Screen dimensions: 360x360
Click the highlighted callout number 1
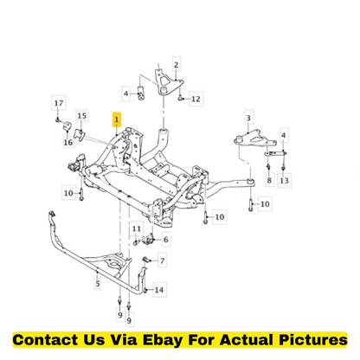tap(117, 119)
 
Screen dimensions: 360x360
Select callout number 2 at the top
tap(177, 64)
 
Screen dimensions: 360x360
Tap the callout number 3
tap(248, 118)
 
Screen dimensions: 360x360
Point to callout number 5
tap(98, 284)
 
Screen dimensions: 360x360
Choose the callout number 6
tap(165, 240)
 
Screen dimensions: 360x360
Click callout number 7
tap(163, 261)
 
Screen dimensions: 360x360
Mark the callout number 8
tap(269, 180)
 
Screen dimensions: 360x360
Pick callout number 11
tap(137, 229)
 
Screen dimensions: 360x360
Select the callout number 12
tap(196, 99)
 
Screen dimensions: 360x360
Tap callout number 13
tap(284, 181)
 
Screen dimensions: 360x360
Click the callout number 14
tap(159, 290)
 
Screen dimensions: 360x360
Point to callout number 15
tap(82, 116)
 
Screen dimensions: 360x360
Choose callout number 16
tap(68, 142)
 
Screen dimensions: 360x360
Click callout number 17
tap(59, 103)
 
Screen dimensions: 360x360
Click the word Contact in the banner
tap(45, 339)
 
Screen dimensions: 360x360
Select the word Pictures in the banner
tap(313, 339)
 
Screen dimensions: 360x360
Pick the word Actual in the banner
tap(247, 339)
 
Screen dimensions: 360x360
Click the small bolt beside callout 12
tap(180, 99)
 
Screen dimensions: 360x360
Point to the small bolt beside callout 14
tap(145, 290)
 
